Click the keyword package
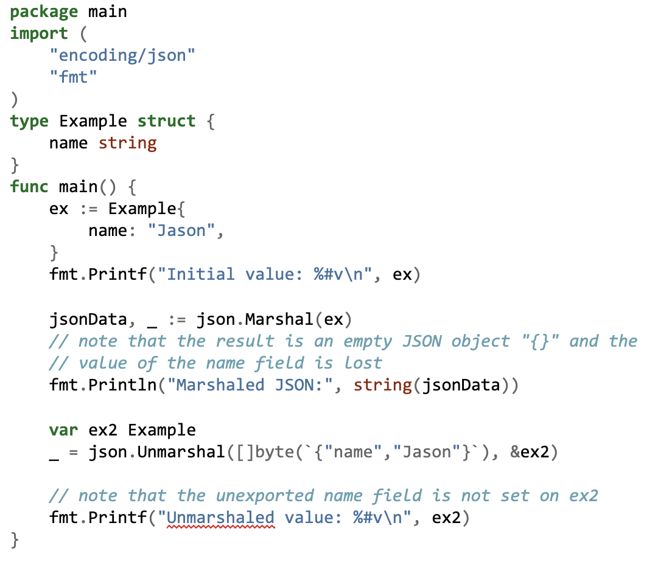44,12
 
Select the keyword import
39,33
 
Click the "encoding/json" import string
122,55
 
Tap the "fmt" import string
73,77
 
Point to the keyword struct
166,121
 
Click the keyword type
29,122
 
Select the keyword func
29,187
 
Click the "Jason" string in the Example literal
181,231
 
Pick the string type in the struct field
127,143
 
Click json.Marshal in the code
255,319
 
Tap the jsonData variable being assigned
88,319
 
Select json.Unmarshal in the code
156,452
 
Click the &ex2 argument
529,452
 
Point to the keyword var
63,430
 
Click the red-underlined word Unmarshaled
220,518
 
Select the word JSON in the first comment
421,342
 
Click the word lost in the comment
363,363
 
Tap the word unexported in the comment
265,496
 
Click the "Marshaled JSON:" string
250,385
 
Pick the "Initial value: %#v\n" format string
270,275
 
